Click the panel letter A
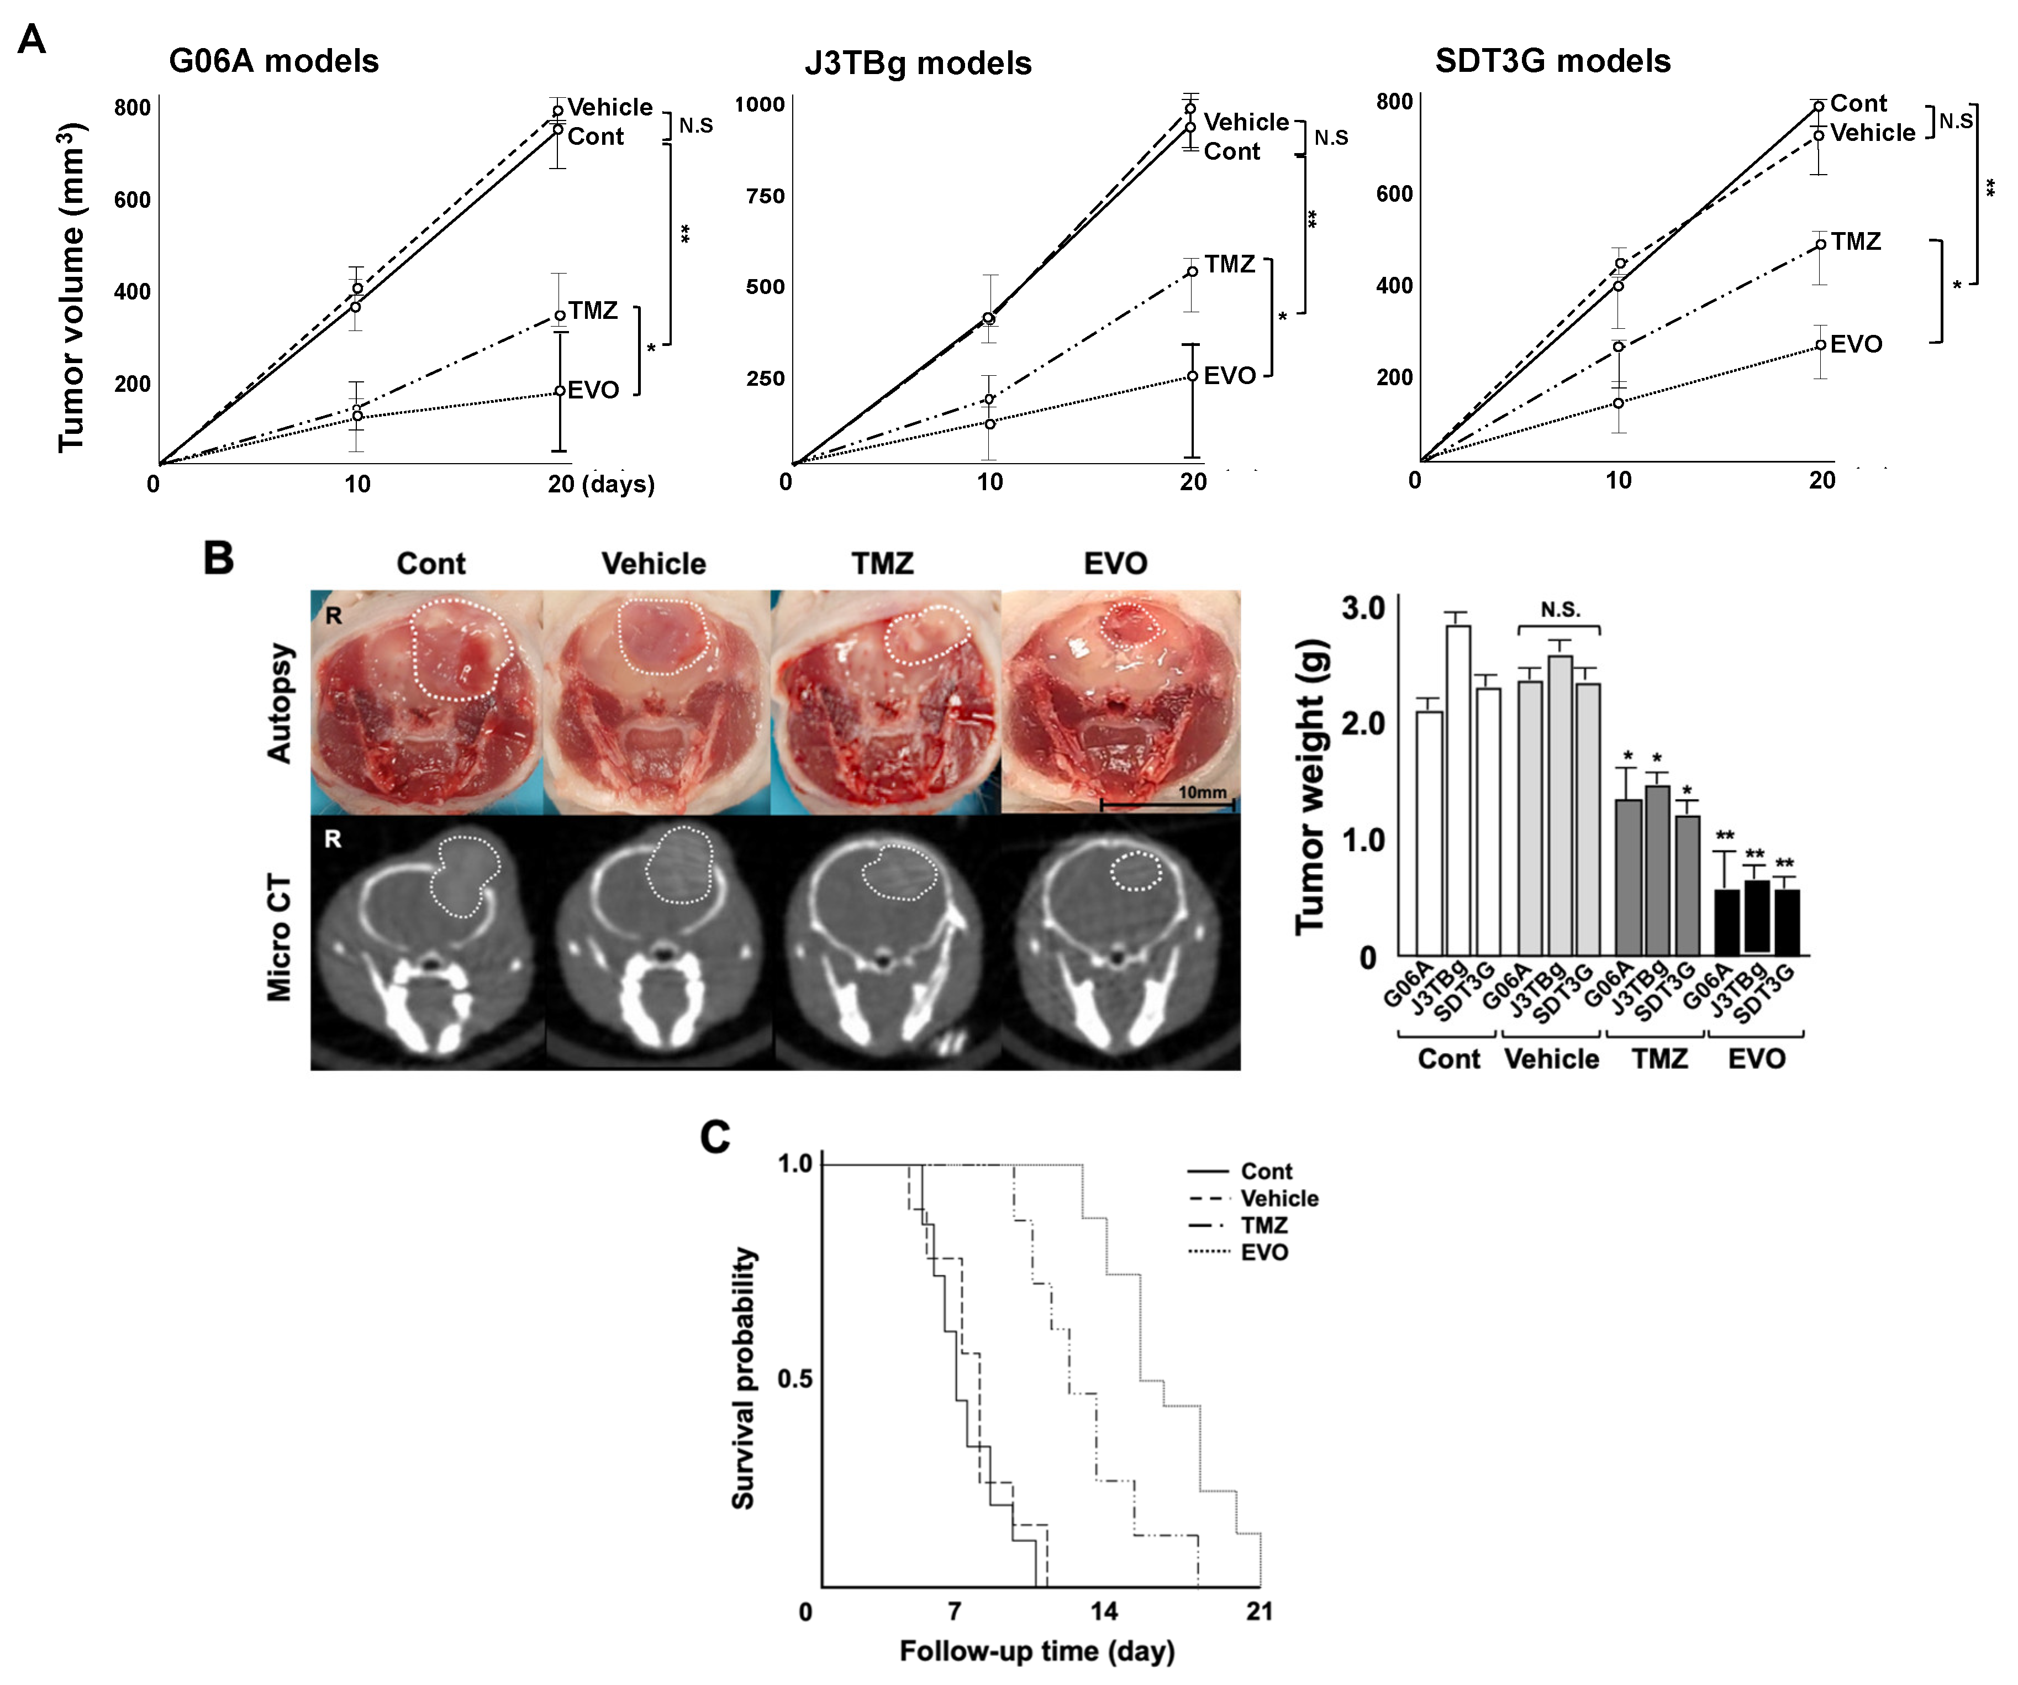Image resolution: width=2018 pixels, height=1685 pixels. coord(31,40)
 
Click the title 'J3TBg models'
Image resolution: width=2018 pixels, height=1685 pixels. coord(918,64)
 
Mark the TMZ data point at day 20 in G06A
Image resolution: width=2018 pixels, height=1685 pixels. coord(559,315)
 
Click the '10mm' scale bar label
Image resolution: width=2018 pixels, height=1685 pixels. coord(1202,792)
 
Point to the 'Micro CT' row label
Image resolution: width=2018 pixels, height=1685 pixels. coord(278,937)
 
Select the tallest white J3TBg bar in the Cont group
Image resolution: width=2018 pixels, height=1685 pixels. coord(1458,788)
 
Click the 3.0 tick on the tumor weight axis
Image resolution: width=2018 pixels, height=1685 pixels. coord(1363,608)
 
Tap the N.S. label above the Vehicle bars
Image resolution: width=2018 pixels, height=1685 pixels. coord(1559,610)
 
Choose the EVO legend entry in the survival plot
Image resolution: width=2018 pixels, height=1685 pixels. coord(1263,1252)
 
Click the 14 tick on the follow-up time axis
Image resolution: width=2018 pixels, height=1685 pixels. coord(1104,1611)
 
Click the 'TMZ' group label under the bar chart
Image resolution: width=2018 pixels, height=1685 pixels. coord(1659,1058)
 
